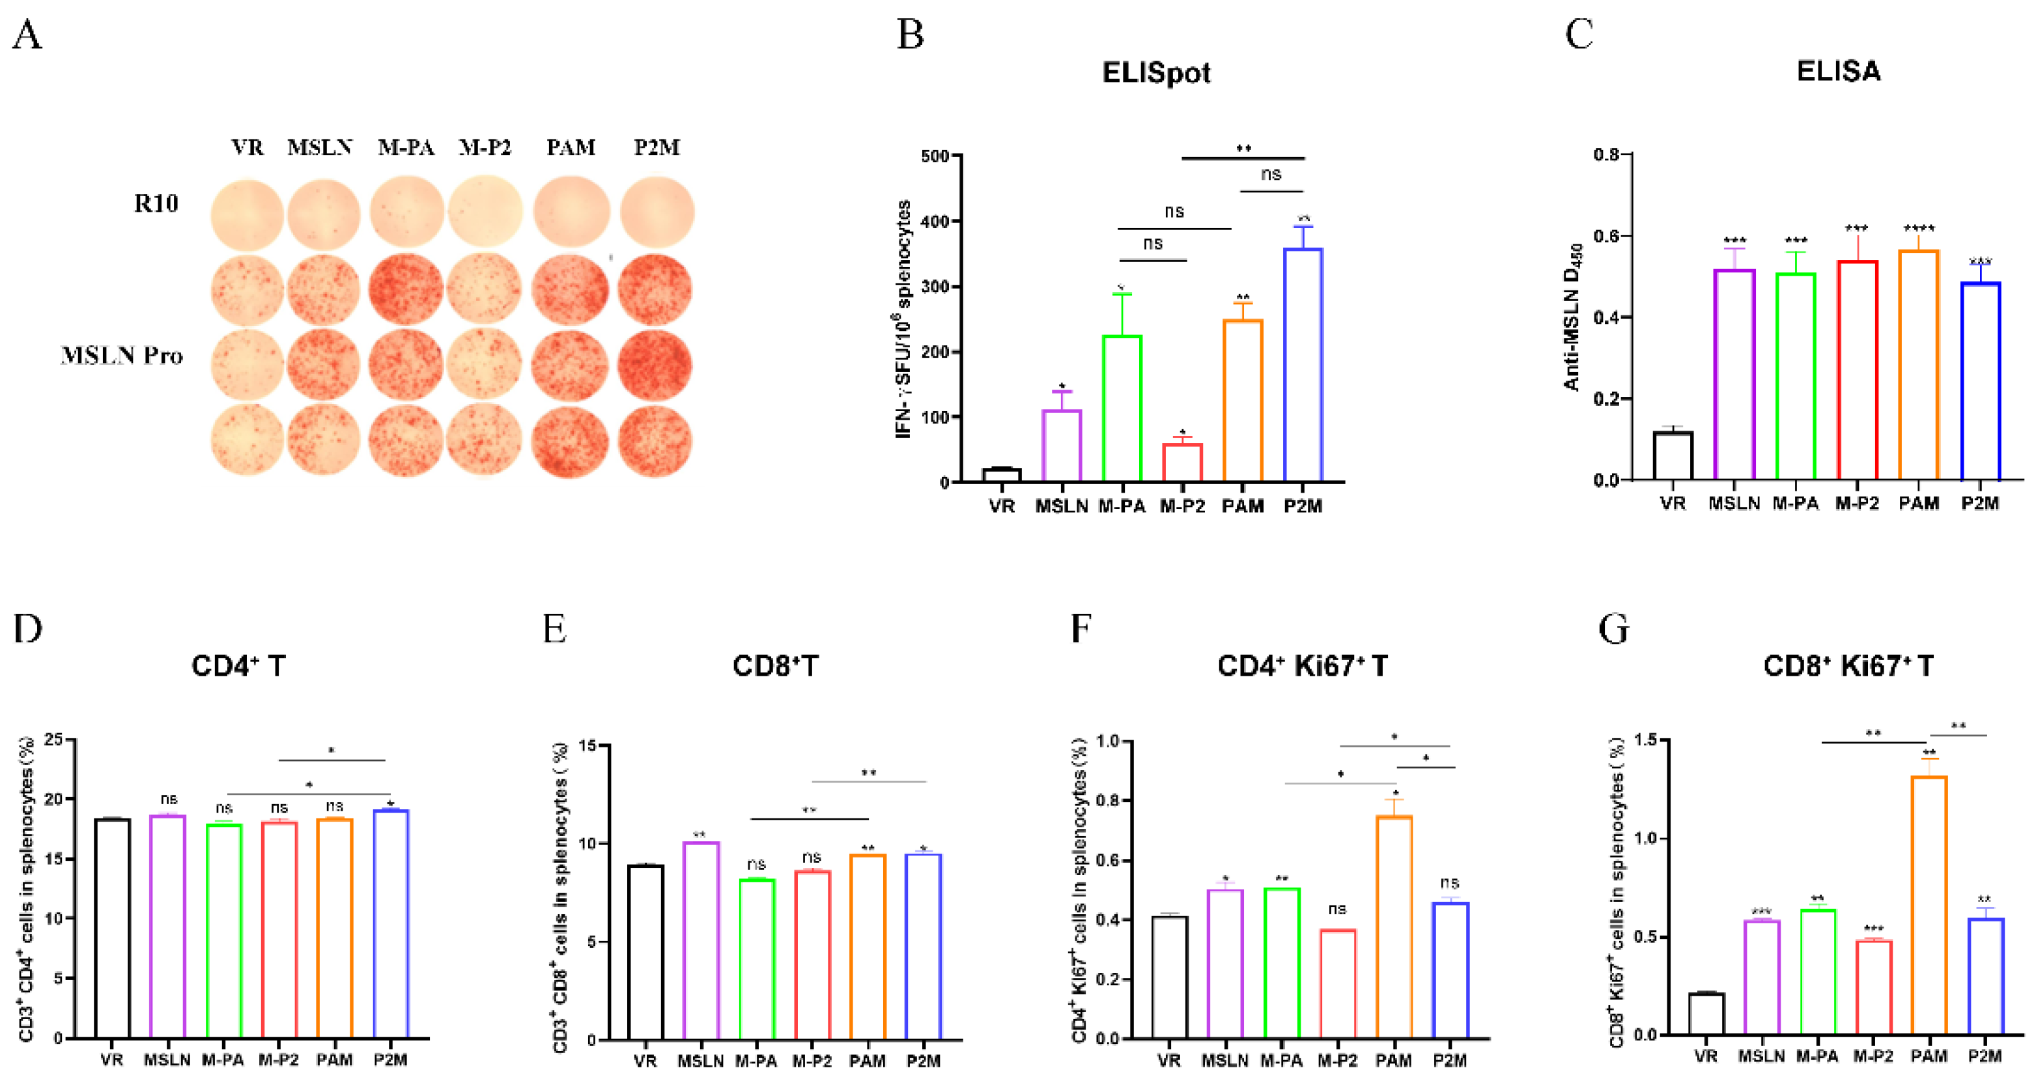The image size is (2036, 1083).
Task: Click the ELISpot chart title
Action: [x=1155, y=73]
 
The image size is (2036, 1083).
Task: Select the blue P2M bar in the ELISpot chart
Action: [x=1303, y=365]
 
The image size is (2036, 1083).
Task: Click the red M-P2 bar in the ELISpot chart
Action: [x=1181, y=463]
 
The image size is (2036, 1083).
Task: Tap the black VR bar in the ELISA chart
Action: [x=1673, y=456]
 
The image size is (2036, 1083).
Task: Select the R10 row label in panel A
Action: [x=156, y=204]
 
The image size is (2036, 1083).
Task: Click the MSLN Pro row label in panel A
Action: [x=122, y=356]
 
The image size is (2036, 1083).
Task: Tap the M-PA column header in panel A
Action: [x=406, y=148]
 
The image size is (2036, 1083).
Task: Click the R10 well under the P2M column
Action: [x=657, y=212]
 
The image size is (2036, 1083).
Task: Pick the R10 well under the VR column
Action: [x=247, y=214]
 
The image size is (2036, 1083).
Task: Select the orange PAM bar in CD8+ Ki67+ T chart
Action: [x=1929, y=906]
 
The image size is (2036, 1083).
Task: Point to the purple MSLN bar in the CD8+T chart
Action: [x=701, y=941]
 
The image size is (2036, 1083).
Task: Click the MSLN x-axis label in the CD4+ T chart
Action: [x=167, y=1060]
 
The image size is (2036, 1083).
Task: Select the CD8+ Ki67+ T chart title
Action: [x=1848, y=665]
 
